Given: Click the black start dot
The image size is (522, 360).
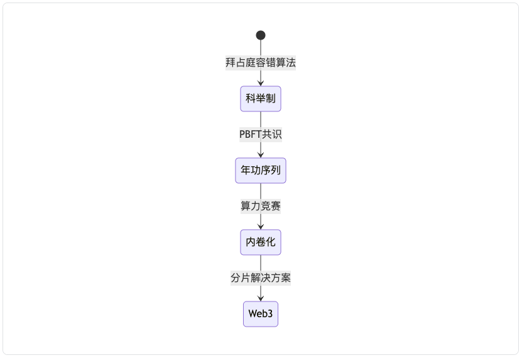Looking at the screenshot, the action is [261, 35].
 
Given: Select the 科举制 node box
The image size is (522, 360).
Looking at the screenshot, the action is [261, 99].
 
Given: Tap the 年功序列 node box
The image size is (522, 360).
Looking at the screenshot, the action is [261, 171].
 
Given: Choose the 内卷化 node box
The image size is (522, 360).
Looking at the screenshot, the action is [261, 242].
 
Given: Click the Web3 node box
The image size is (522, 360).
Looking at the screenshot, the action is [261, 314].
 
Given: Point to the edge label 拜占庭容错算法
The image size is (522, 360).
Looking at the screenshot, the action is [261, 62].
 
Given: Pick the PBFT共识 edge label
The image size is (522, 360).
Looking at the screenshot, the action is [261, 135].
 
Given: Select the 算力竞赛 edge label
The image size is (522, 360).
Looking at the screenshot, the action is [261, 206].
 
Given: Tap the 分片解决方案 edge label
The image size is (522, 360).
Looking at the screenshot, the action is [261, 278].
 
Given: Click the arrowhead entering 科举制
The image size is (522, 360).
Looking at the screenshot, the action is [261, 83].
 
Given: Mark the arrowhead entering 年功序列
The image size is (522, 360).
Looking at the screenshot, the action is [261, 155].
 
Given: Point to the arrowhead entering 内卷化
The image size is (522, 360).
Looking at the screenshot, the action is [261, 227].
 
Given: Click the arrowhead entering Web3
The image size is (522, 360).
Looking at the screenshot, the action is [261, 298].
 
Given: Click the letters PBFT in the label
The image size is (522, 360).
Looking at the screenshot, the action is [251, 135].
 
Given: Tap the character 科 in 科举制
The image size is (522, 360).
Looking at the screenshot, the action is [251, 98].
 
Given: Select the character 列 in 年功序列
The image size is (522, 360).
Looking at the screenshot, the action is [276, 171].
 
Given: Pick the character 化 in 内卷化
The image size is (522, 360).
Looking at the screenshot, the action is [271, 242].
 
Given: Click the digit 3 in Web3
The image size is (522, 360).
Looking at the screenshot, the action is [270, 314].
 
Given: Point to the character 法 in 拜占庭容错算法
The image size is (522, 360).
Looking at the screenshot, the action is [291, 62].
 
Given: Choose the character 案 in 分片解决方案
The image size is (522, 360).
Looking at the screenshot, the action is [286, 278].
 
